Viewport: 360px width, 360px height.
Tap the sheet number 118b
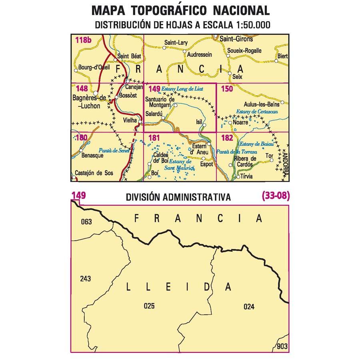(x=83, y=40)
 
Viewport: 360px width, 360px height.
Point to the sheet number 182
(x=226, y=138)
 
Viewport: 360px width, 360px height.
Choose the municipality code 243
(x=85, y=278)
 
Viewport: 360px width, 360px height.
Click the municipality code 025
(x=149, y=306)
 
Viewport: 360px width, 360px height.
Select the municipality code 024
(x=248, y=307)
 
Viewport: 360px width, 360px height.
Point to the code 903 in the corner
(x=282, y=346)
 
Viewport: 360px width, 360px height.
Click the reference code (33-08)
(x=276, y=196)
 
